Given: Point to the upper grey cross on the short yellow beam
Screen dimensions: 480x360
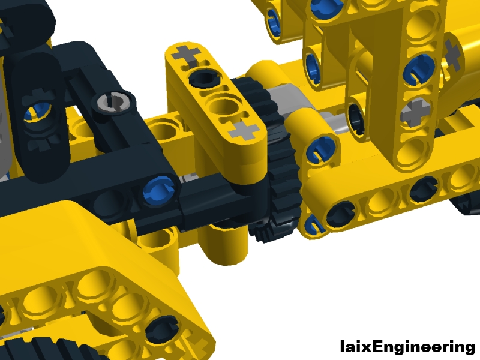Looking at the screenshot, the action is (187, 55).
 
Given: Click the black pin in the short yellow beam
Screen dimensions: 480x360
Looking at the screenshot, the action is (205, 78).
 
